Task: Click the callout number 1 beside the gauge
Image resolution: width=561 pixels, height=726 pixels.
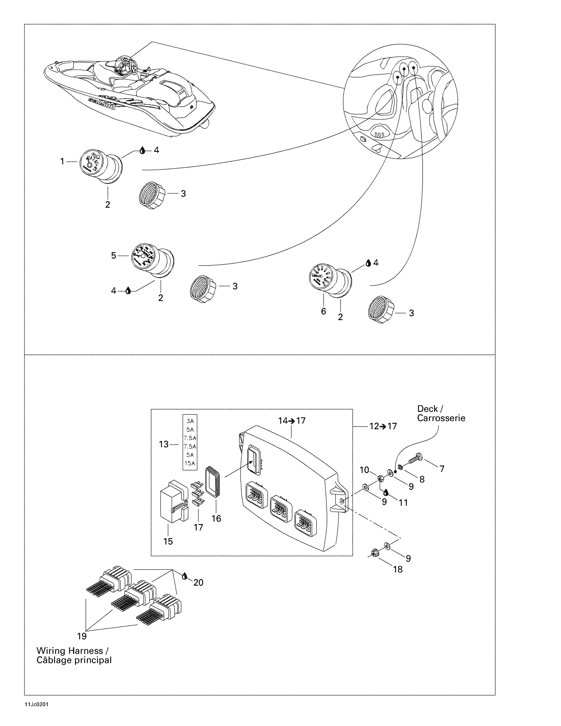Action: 62,162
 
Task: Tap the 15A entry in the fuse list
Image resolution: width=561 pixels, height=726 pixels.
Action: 190,463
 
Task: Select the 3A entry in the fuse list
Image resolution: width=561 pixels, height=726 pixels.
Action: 190,421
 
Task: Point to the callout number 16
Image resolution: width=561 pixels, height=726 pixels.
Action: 216,518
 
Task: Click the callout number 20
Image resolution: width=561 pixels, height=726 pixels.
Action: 198,582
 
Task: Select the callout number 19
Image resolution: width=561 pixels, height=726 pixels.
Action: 82,636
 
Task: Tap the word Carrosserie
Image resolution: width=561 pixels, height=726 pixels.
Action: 441,418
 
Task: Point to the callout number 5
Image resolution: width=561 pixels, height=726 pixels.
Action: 114,256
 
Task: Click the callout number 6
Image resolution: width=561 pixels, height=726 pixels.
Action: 323,312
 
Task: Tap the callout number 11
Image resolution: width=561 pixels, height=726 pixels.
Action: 403,503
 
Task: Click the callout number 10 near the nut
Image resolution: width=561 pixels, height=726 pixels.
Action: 364,470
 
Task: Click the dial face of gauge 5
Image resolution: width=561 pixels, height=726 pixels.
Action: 142,255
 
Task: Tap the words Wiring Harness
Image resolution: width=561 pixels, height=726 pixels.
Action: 70,651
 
